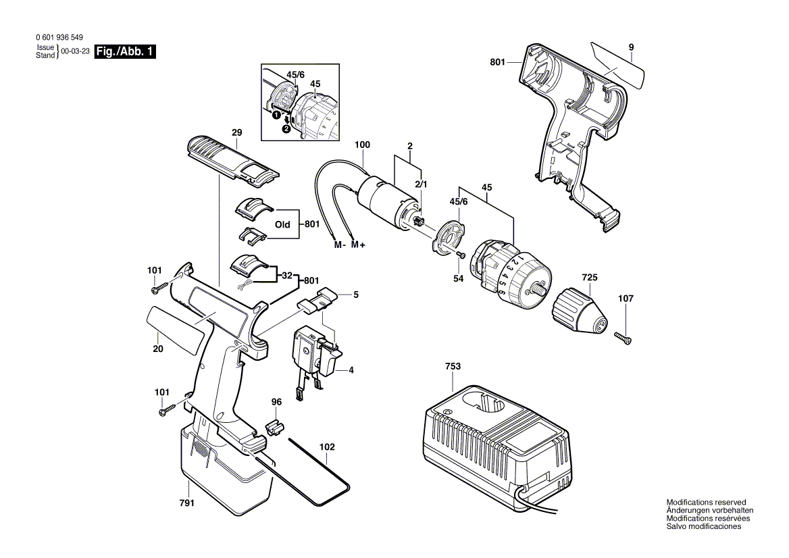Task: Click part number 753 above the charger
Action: (x=453, y=366)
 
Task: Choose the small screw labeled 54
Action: (x=460, y=254)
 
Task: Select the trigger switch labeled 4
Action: (x=313, y=352)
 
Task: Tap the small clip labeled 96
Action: (x=273, y=428)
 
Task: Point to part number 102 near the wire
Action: (x=327, y=447)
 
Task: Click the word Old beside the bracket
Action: (x=282, y=224)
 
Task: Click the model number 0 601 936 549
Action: (x=57, y=39)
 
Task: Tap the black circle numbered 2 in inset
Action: (x=286, y=129)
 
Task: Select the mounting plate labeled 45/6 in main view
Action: (x=447, y=237)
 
